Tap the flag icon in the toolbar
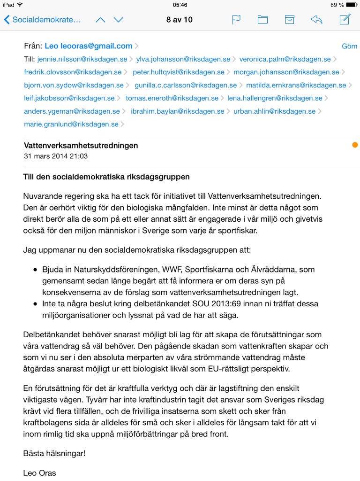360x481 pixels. (236, 20)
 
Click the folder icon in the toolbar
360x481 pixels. (262, 20)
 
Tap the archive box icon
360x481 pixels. (290, 20)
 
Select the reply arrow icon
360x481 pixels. (316, 20)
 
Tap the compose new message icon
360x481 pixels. (345, 19)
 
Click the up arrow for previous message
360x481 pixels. (100, 20)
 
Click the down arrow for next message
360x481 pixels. (119, 20)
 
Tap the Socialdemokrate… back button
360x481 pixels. (43, 20)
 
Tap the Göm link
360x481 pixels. (349, 46)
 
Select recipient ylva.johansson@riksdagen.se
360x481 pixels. (183, 59)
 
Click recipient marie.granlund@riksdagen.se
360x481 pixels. (71, 124)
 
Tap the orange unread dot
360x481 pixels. (355, 145)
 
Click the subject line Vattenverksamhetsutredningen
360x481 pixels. (81, 146)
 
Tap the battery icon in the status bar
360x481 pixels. (352, 5)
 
